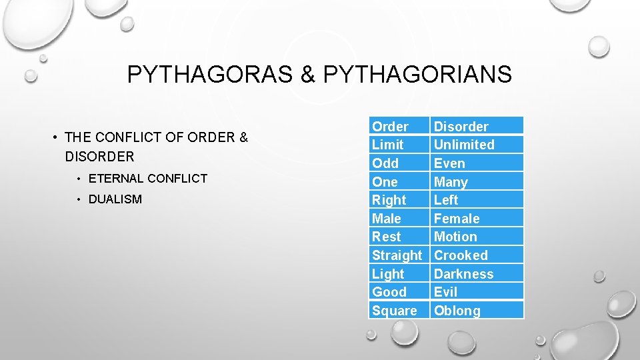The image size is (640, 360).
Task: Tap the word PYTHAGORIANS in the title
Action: pyautogui.click(x=417, y=75)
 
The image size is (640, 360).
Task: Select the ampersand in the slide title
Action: pyautogui.click(x=308, y=75)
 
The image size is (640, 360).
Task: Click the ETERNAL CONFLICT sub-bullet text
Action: pyautogui.click(x=147, y=179)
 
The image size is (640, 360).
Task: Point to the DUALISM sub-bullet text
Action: pyautogui.click(x=115, y=199)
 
